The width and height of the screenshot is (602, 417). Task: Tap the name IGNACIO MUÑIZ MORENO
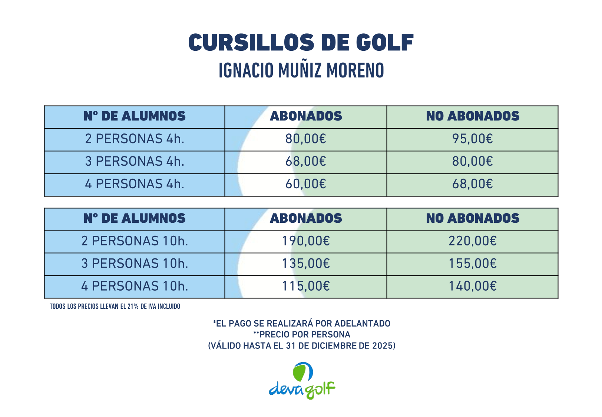click(x=301, y=70)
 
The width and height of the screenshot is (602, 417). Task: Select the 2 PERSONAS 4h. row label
click(x=135, y=139)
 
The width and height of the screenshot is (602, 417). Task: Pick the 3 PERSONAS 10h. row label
click(x=135, y=264)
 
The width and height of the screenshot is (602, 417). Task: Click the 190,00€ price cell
click(x=306, y=241)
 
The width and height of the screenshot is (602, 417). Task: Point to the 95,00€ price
click(x=472, y=139)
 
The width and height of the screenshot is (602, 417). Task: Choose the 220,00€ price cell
click(x=472, y=241)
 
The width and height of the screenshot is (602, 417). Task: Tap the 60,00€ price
click(x=306, y=184)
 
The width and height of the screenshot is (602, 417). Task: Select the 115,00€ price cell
click(x=306, y=286)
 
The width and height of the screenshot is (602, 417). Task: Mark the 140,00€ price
click(x=472, y=286)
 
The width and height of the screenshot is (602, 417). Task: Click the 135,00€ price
click(x=306, y=264)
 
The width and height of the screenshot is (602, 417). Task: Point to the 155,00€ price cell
click(x=472, y=264)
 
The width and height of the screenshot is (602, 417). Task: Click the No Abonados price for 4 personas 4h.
click(x=472, y=184)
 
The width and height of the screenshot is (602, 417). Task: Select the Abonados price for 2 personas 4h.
click(x=306, y=139)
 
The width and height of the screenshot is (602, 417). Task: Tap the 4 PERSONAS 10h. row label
click(x=135, y=286)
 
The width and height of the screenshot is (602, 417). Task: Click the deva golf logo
click(x=302, y=381)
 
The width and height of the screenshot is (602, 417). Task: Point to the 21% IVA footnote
click(x=115, y=307)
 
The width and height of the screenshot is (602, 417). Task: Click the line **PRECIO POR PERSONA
click(x=301, y=334)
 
